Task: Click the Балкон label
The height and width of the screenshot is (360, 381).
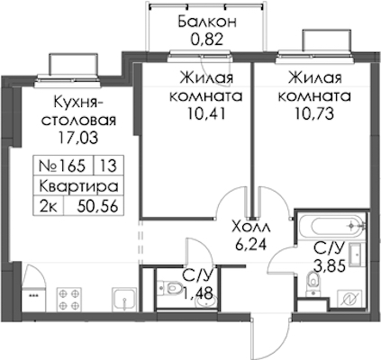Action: tap(207, 22)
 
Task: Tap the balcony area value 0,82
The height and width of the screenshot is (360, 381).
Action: tap(207, 40)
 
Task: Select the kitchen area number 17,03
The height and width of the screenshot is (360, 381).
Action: tap(78, 138)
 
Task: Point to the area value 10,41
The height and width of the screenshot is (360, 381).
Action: tap(206, 113)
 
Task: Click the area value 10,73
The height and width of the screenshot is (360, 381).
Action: tap(314, 113)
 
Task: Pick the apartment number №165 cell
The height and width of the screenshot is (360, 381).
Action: tap(64, 166)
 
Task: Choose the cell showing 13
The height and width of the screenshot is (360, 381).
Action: tap(109, 166)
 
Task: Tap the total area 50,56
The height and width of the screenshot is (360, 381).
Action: tap(97, 206)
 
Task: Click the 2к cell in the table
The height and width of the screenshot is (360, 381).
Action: tap(49, 206)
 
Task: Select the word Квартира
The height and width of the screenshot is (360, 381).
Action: tap(78, 186)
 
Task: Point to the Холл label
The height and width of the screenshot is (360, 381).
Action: tap(251, 227)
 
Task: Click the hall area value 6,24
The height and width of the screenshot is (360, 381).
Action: tap(251, 245)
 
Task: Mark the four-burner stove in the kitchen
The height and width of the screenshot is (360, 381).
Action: tap(69, 299)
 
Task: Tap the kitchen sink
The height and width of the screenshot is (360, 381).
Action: tap(124, 299)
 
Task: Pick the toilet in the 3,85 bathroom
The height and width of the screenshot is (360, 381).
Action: tap(313, 283)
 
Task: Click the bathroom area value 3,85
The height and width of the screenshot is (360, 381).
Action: tap(330, 265)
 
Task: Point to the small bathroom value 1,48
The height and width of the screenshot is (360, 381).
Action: tap(198, 292)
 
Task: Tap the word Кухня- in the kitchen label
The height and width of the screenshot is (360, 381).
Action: tap(78, 103)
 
